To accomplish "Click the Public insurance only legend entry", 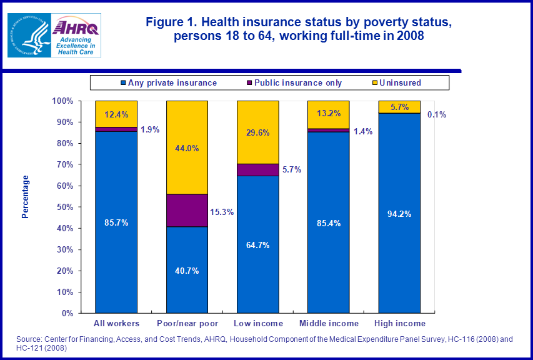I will coord(293,82).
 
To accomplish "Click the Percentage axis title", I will coord(26,197).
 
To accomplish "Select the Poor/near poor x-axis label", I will coord(187,323).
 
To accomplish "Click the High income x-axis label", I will coord(399,323).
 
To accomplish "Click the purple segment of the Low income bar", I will coord(258,170).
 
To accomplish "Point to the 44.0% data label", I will coord(187,148).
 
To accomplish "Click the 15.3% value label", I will coord(222,212).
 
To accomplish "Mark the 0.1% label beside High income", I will coord(436,114).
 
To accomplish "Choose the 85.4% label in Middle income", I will coord(329,223).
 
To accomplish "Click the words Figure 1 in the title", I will coord(170,22).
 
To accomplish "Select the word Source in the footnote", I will coord(29,339).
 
